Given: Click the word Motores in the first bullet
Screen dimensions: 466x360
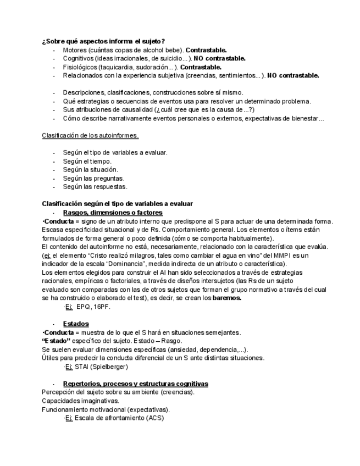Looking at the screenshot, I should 75,50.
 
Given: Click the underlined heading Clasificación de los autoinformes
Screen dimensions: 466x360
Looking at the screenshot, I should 90,135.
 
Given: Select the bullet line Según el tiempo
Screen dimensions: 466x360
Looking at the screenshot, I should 87,161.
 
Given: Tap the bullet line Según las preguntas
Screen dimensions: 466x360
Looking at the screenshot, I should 93,178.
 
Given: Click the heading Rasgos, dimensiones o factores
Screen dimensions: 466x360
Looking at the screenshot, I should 113,212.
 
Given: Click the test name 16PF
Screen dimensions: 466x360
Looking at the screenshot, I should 102,307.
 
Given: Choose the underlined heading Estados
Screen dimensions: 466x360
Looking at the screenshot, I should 76,324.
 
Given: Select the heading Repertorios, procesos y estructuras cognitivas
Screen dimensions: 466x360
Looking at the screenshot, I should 135,383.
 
